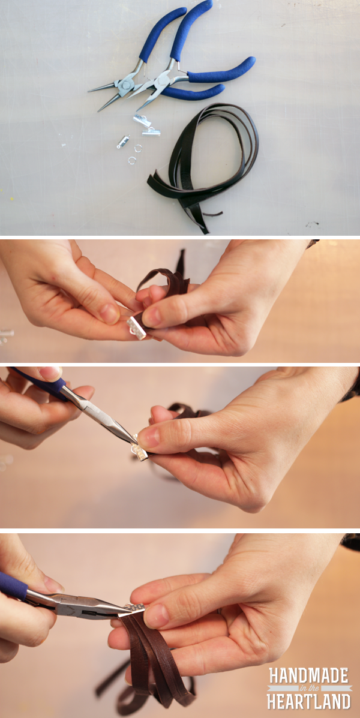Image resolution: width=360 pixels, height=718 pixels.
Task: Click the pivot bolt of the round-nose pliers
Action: [124, 85]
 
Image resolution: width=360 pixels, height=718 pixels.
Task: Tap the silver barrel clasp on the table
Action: [123, 142]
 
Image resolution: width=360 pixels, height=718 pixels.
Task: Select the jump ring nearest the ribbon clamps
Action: [137, 148]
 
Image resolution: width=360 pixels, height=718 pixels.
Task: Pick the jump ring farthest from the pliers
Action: [131, 160]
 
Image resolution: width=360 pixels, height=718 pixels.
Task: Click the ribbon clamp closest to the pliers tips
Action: [142, 121]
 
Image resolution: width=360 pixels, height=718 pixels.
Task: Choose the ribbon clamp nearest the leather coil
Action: [151, 132]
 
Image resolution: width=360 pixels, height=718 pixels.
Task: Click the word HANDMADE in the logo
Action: [310, 675]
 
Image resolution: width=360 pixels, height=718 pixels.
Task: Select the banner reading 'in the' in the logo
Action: [310, 688]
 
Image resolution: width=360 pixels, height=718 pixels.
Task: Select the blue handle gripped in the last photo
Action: [13, 585]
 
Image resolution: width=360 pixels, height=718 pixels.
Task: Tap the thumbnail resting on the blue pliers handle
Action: [50, 374]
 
